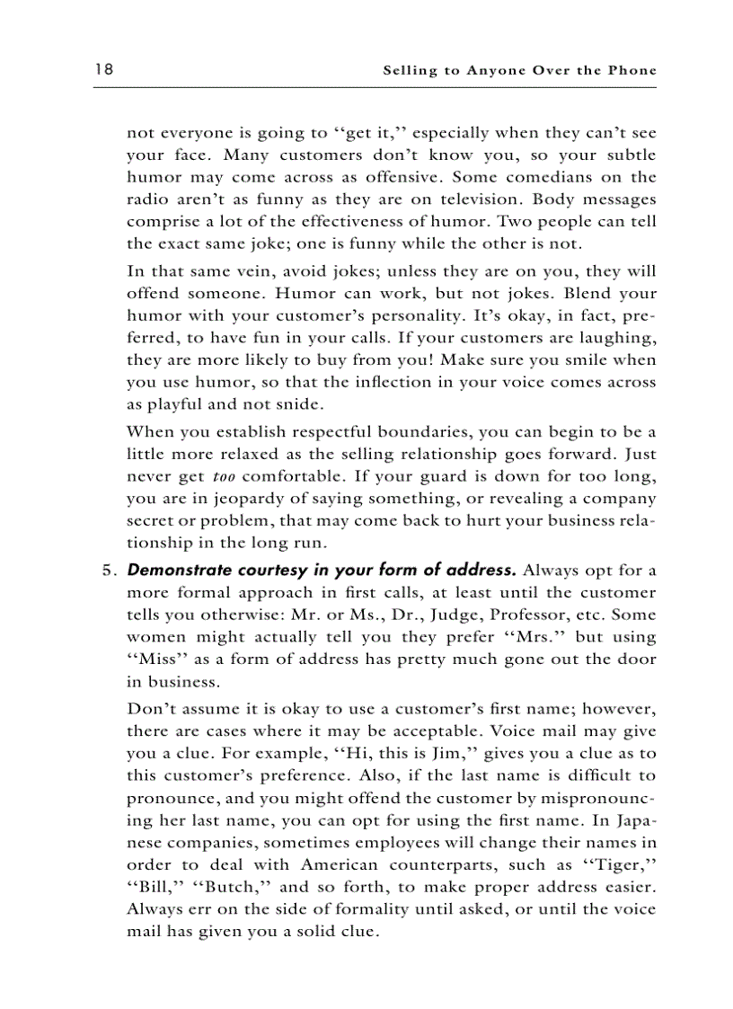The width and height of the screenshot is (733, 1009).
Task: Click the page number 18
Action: click(x=102, y=70)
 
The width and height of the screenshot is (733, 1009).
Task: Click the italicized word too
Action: click(x=224, y=476)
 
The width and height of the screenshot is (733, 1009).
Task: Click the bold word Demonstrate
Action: click(x=173, y=570)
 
